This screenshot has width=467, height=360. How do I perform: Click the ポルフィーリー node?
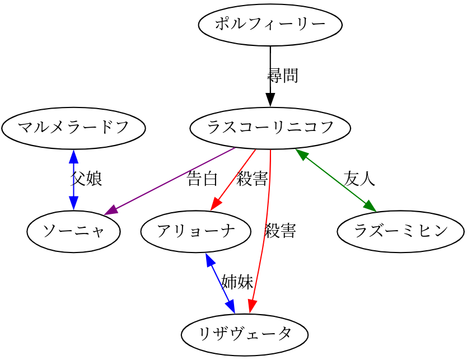(270, 25)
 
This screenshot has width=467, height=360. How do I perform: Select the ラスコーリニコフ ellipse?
(270, 128)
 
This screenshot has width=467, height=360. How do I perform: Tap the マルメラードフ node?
(73, 128)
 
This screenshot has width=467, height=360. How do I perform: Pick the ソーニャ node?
(73, 231)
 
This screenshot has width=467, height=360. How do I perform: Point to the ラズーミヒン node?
(400, 231)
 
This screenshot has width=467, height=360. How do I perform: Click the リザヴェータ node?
(245, 335)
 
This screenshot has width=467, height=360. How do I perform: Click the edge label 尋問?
(283, 76)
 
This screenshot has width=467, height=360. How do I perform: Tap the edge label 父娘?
(86, 179)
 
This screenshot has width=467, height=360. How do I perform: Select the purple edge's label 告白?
(202, 179)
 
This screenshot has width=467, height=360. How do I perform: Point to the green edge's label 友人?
(359, 179)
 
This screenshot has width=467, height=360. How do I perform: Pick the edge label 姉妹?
(237, 282)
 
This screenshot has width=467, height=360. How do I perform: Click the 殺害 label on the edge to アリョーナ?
(252, 179)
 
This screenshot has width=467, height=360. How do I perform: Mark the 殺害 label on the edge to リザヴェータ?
(280, 231)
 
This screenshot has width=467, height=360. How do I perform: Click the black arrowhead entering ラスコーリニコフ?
(270, 101)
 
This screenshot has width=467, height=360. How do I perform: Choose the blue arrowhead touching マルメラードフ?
(73, 156)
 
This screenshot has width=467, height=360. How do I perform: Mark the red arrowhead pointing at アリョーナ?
(216, 205)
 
